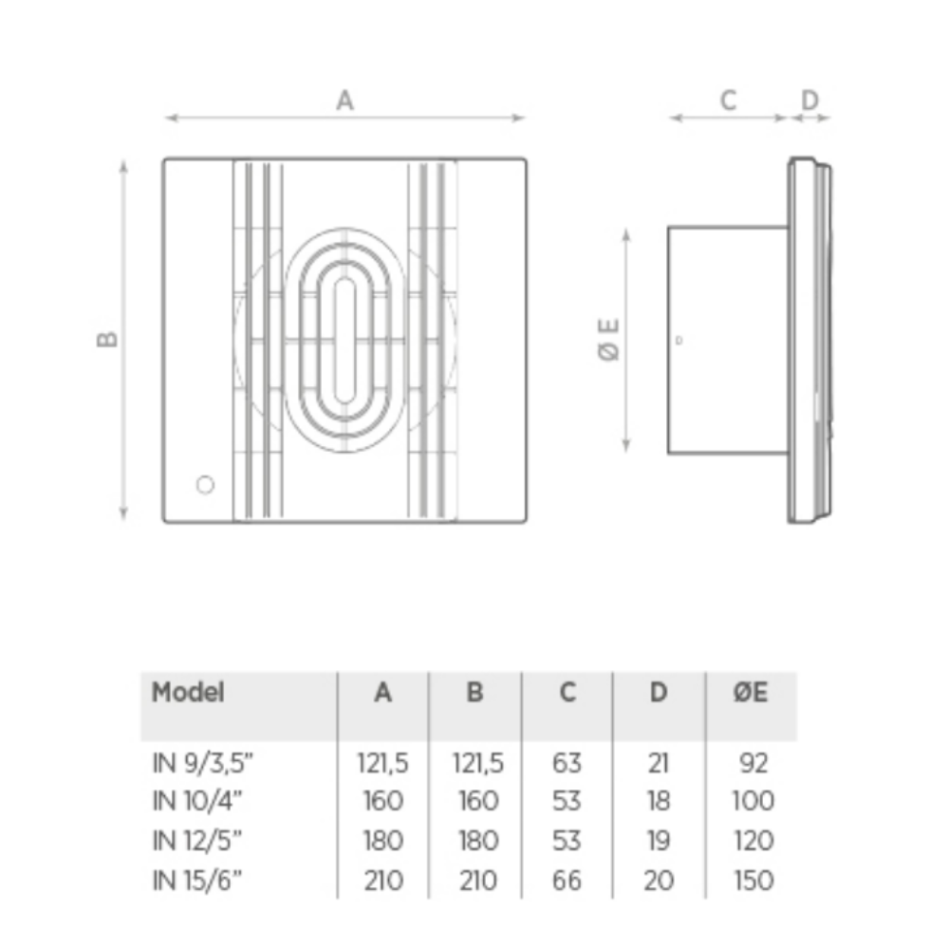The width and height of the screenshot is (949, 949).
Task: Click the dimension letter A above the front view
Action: (x=344, y=100)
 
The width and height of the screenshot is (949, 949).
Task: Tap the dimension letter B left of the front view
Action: (x=107, y=339)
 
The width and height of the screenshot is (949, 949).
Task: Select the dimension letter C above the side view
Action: (x=728, y=100)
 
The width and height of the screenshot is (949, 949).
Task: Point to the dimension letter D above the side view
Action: (x=809, y=100)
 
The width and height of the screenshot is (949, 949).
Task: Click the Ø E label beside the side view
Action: (x=609, y=340)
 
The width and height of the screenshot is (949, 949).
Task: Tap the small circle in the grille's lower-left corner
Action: (x=205, y=485)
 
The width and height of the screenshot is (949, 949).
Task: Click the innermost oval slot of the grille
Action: (x=344, y=340)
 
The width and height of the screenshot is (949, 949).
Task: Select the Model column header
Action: (x=188, y=693)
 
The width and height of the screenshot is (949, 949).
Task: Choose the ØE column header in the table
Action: (x=751, y=693)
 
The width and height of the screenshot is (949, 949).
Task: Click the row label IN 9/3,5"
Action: (x=203, y=763)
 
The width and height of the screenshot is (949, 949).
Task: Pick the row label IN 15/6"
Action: (x=197, y=881)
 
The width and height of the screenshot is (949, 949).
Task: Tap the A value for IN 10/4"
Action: (x=383, y=801)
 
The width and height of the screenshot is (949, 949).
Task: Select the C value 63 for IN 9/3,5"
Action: (x=568, y=763)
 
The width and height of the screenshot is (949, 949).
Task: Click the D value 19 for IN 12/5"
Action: (x=659, y=841)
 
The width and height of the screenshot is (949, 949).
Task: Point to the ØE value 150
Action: (x=754, y=881)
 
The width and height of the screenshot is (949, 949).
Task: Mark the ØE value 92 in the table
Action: (x=754, y=763)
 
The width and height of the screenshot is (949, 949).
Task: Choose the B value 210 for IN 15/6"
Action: (x=478, y=881)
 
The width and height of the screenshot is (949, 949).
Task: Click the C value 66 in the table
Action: (x=568, y=881)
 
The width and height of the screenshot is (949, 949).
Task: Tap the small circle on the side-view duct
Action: (x=679, y=340)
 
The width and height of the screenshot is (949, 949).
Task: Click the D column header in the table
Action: (x=659, y=693)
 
